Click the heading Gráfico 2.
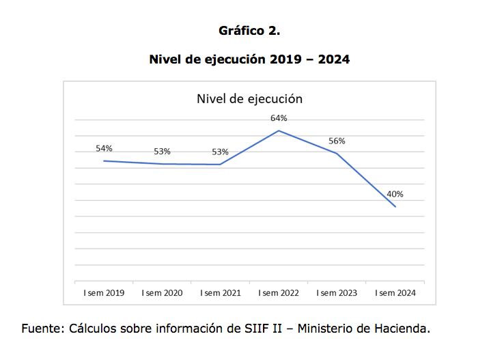pyautogui.click(x=249, y=31)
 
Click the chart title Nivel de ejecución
pyautogui.click(x=249, y=98)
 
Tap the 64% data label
pyautogui.click(x=279, y=118)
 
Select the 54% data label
pyautogui.click(x=104, y=148)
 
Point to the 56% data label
pyautogui.click(x=337, y=141)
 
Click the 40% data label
pyautogui.click(x=395, y=194)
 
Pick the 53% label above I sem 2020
pyautogui.click(x=162, y=152)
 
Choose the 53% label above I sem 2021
pyautogui.click(x=220, y=152)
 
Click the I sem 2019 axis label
pyautogui.click(x=104, y=293)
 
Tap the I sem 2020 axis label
pyautogui.click(x=162, y=293)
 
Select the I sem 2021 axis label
pyautogui.click(x=220, y=293)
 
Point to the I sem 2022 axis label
pyautogui.click(x=279, y=293)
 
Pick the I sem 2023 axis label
pyautogui.click(x=337, y=293)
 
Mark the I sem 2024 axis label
pyautogui.click(x=395, y=293)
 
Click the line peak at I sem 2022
pyautogui.click(x=279, y=130)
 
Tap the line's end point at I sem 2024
pyautogui.click(x=395, y=206)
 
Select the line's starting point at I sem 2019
pyautogui.click(x=104, y=161)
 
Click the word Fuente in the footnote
pyautogui.click(x=42, y=329)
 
